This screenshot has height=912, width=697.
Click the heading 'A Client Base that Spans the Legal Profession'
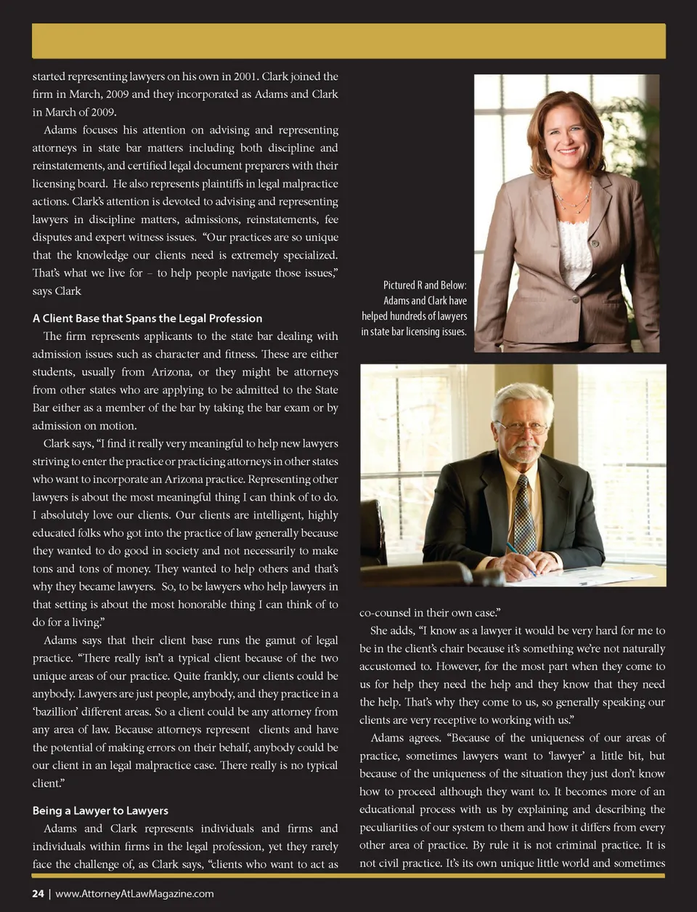pos(147,318)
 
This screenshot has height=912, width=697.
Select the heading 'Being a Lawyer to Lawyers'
pos(100,810)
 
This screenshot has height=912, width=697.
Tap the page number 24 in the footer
pos(38,893)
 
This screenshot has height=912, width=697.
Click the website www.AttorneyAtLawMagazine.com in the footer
pos(134,893)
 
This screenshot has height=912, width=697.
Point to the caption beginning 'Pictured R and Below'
pos(415,308)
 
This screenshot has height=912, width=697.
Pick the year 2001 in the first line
pos(243,76)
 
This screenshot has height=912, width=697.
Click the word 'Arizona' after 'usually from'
pos(171,372)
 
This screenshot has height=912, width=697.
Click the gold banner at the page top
pos(348,41)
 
